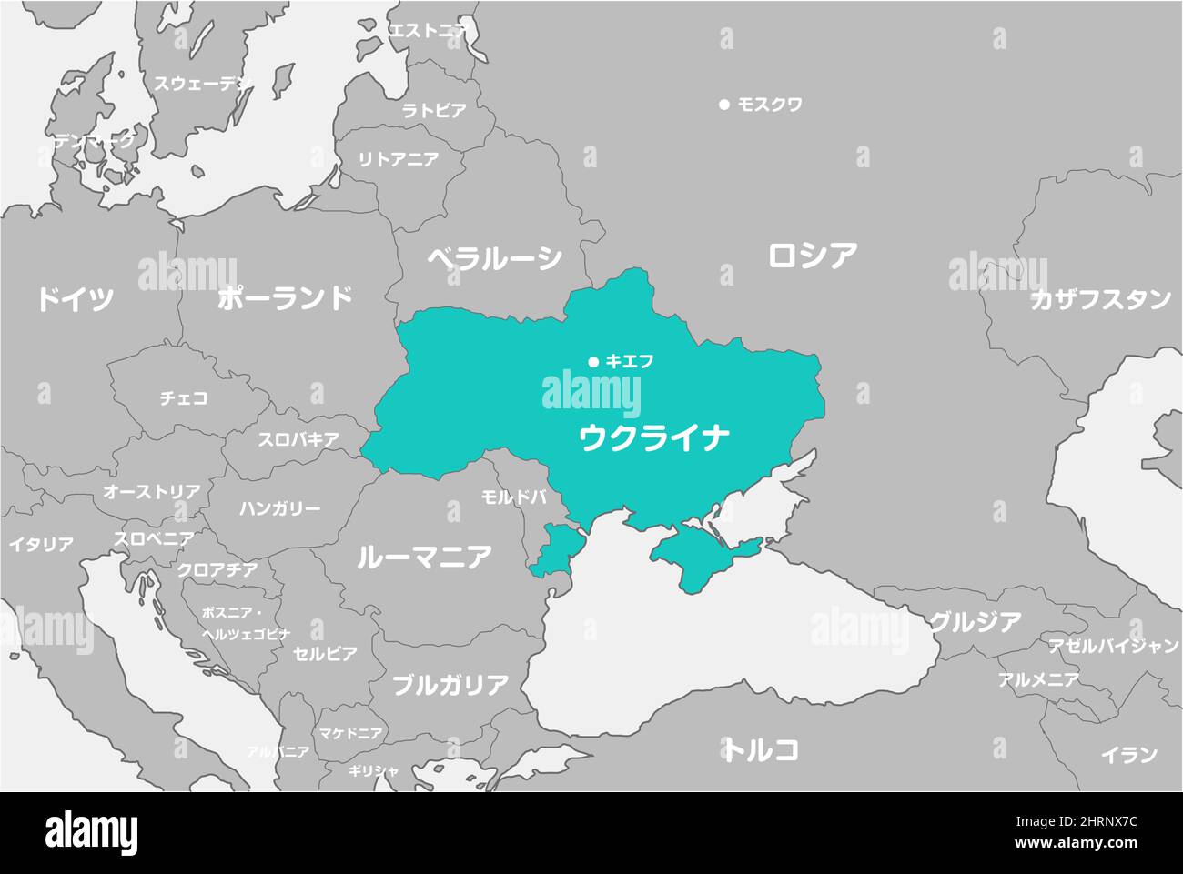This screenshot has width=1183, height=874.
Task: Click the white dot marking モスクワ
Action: pos(724,105)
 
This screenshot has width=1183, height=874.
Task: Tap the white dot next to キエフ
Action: pos(593,362)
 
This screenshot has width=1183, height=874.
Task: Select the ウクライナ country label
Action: pos(654,438)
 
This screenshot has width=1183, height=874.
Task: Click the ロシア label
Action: pos(812,256)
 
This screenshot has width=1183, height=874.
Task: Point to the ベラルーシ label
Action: pos(495,259)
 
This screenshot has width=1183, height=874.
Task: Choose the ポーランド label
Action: pos(285,297)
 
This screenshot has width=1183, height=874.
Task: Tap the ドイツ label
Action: pos(76,298)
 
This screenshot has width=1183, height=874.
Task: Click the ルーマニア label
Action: pos(424,556)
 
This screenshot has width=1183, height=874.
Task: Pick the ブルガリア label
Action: pos(450,685)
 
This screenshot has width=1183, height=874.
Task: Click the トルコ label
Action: pos(763,749)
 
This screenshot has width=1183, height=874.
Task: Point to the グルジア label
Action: pos(974,622)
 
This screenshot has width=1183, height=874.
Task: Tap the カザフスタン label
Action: pos(1100,300)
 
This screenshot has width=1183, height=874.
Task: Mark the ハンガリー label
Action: pos(279,508)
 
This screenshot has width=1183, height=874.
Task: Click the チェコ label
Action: pos(184,397)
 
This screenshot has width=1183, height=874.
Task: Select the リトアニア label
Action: pos(398,159)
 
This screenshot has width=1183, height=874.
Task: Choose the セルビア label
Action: pos(325,653)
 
